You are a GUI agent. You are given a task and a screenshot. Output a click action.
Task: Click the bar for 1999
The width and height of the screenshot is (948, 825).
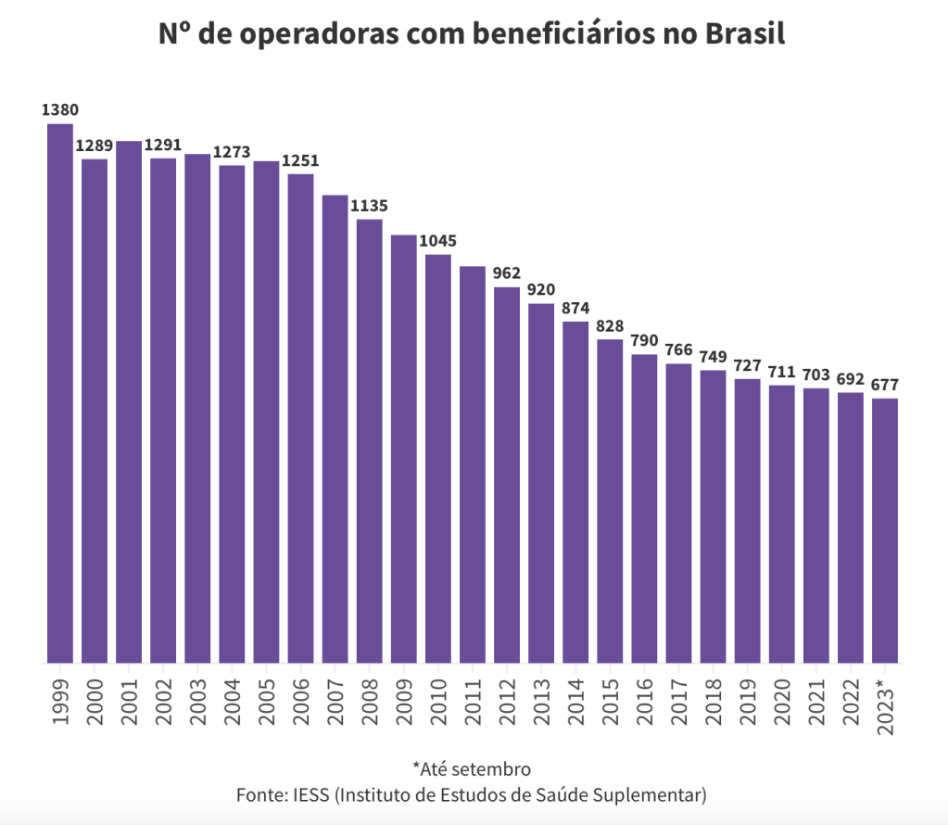tap(60, 394)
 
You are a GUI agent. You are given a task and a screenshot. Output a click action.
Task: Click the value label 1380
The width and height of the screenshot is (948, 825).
tap(60, 110)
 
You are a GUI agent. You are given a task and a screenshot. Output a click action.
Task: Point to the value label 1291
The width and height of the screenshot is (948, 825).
tap(163, 145)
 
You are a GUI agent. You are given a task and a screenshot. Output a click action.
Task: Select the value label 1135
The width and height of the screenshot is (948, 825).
tap(369, 206)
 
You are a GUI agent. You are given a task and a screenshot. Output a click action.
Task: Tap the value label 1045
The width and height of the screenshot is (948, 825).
tap(438, 241)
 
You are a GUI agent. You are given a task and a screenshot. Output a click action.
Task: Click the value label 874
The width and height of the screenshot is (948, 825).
tap(575, 308)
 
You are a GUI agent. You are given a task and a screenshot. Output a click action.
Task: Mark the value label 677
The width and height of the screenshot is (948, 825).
tap(885, 385)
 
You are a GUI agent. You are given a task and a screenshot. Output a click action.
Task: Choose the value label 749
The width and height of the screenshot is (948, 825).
tap(713, 357)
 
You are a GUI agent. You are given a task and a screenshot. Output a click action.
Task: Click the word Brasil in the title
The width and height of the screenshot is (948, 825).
tap(745, 34)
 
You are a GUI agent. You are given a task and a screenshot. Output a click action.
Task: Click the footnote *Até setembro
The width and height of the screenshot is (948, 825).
tap(472, 768)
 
